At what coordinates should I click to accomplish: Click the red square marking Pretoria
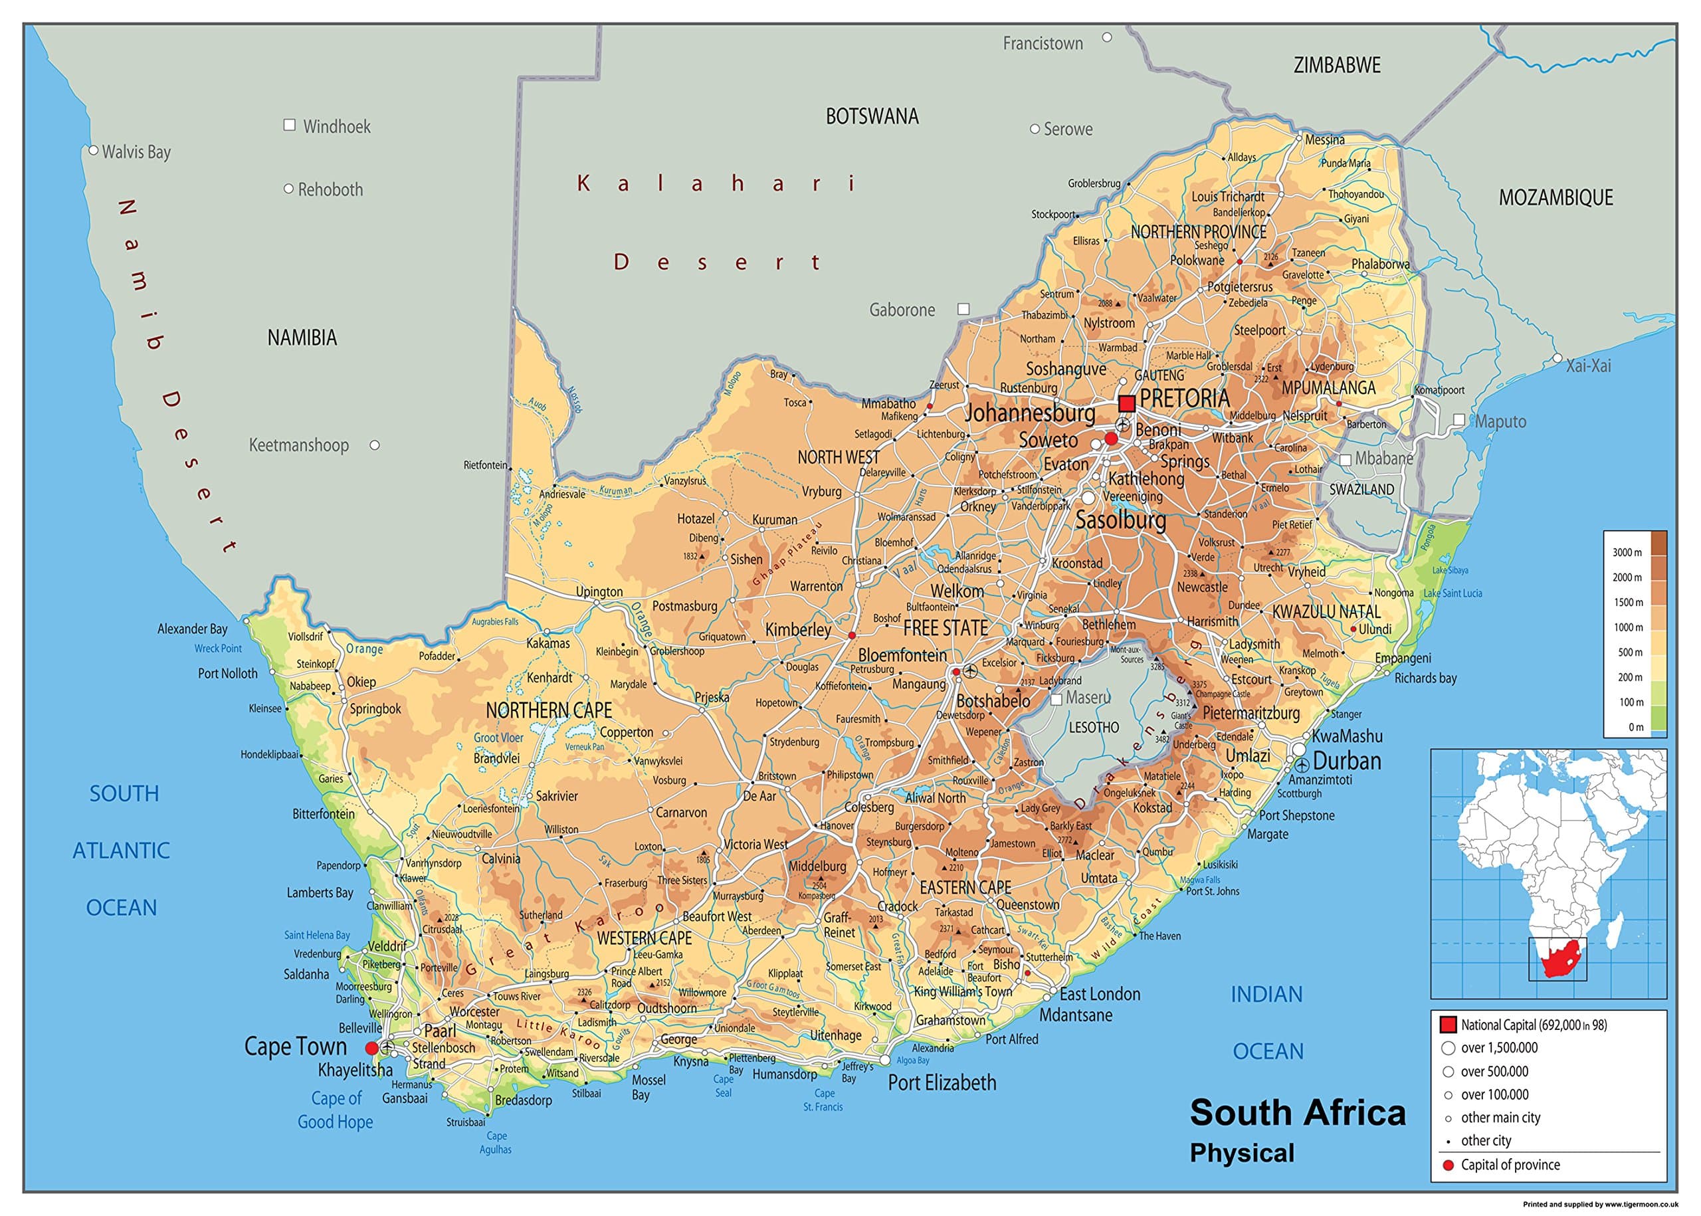[1126, 403]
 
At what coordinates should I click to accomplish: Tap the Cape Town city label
[295, 1046]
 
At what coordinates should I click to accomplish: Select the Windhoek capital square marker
[290, 125]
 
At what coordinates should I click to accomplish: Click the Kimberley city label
[797, 630]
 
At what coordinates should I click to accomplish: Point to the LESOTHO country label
[1093, 727]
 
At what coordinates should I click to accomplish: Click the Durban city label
[1346, 761]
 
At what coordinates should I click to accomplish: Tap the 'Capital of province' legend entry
[1510, 1164]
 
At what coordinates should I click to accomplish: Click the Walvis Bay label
[136, 152]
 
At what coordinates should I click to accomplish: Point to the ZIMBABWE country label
[1336, 65]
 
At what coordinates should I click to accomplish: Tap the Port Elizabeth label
[941, 1082]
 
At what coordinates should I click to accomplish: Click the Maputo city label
[1500, 421]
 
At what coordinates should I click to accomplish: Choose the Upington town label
[599, 591]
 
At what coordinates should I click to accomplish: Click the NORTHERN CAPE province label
[548, 710]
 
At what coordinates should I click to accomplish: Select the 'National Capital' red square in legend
[1448, 1025]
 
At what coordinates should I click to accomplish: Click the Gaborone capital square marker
[963, 309]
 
